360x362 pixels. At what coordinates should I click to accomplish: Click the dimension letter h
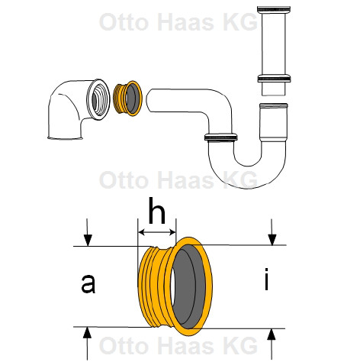(x=156, y=211)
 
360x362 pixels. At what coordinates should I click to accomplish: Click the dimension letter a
(x=88, y=283)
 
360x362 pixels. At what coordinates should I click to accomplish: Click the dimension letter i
(x=266, y=279)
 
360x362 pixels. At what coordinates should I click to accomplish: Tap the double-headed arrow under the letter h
(x=156, y=232)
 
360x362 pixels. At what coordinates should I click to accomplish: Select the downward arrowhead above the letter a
(x=88, y=241)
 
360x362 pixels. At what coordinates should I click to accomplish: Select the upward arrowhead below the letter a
(x=87, y=332)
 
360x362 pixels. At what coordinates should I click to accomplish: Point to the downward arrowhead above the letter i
(x=272, y=240)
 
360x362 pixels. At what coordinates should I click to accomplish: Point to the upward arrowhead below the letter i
(x=272, y=334)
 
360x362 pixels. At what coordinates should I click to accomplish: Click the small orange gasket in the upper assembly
(x=127, y=99)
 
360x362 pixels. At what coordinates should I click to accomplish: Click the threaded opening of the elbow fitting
(x=98, y=99)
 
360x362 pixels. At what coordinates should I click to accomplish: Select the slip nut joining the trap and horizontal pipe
(x=221, y=137)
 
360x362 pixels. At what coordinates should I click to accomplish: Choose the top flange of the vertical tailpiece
(x=274, y=10)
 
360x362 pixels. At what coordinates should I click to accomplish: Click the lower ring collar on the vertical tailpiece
(x=274, y=78)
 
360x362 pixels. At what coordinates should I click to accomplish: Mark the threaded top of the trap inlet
(x=274, y=105)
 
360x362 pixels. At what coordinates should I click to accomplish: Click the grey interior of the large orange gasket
(x=188, y=286)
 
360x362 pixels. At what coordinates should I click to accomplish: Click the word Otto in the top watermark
(x=124, y=22)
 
